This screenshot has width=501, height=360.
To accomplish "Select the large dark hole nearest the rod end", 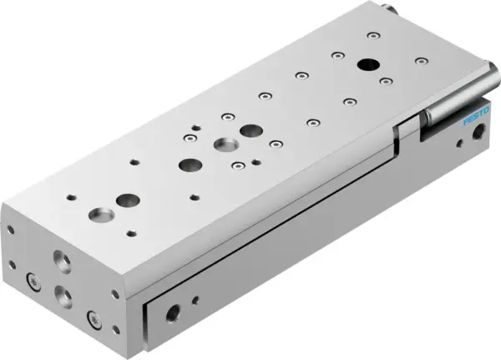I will [x=366, y=63].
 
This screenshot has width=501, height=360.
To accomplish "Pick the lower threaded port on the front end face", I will [x=63, y=293].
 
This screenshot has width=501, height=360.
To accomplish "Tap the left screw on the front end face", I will [x=33, y=281].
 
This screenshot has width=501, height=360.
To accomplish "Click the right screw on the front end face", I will [x=92, y=317].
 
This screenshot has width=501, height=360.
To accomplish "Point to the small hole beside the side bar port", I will [x=195, y=298].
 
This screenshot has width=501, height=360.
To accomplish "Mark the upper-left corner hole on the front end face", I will [x=11, y=228].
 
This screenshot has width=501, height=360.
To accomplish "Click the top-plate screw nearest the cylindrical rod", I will [x=385, y=81].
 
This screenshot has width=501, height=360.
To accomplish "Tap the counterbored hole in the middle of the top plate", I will [x=224, y=144].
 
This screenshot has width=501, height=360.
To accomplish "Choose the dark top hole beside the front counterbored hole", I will [x=128, y=200].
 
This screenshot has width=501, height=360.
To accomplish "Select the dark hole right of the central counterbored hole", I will [x=250, y=130].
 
